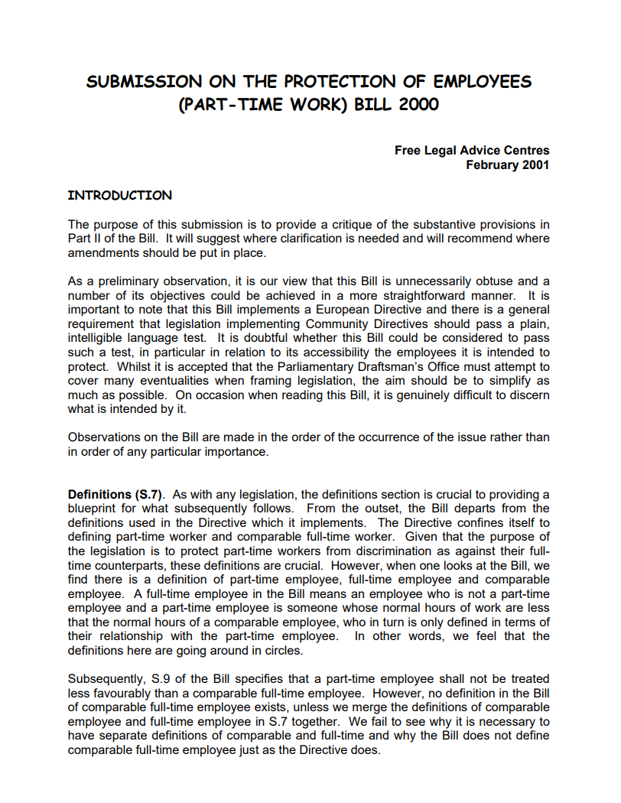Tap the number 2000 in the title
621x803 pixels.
coord(418,104)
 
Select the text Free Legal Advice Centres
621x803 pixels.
coord(472,151)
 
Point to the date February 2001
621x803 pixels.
coord(508,164)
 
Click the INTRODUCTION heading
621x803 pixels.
coord(120,195)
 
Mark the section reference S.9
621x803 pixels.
coord(154,679)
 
